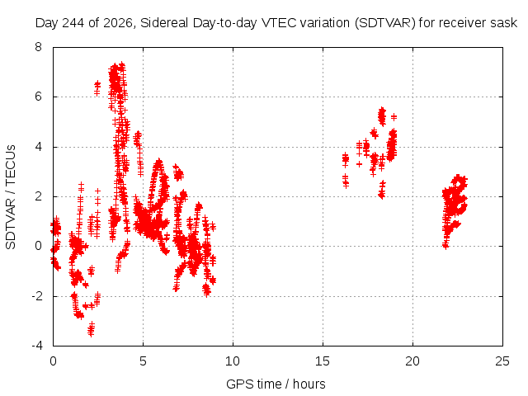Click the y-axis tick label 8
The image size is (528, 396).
pyautogui.click(x=38, y=47)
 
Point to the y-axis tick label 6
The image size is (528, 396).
pyautogui.click(x=38, y=97)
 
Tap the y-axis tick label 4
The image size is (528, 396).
pyautogui.click(x=38, y=147)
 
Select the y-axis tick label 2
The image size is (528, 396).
pyautogui.click(x=38, y=196)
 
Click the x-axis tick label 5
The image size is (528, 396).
pyautogui.click(x=143, y=361)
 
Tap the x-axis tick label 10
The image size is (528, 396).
pyautogui.click(x=233, y=361)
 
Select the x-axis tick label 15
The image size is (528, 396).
pyautogui.click(x=323, y=361)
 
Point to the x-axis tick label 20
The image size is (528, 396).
pyautogui.click(x=412, y=361)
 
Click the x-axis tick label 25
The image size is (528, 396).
pyautogui.click(x=502, y=361)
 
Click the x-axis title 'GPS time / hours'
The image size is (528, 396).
pyautogui.click(x=276, y=384)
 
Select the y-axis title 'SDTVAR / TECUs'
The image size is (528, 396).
pyautogui.click(x=11, y=197)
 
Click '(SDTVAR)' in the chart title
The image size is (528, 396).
pyautogui.click(x=385, y=23)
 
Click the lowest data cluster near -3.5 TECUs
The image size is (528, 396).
pyautogui.click(x=91, y=329)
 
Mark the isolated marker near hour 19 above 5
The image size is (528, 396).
pyautogui.click(x=394, y=117)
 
